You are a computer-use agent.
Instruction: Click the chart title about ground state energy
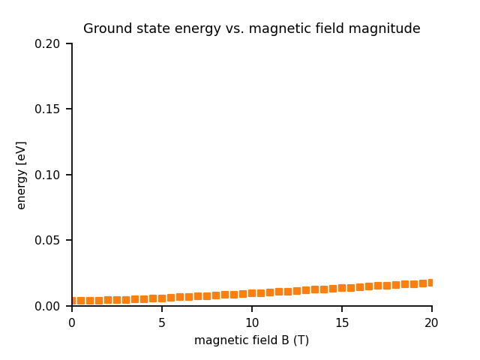[251, 29]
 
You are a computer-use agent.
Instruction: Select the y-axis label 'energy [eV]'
[22, 175]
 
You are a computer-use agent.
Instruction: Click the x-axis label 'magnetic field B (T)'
[251, 340]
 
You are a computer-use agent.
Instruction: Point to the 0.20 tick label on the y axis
[47, 44]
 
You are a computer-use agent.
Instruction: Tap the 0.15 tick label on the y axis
[47, 109]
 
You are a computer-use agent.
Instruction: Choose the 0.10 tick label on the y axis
[47, 175]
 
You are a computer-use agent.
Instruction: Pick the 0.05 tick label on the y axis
[47, 241]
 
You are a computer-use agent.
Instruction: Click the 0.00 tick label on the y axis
[47, 306]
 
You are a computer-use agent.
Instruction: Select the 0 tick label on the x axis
[72, 323]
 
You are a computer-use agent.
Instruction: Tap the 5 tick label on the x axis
[162, 323]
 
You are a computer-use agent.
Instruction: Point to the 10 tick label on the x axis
[252, 323]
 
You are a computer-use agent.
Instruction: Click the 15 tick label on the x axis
[342, 323]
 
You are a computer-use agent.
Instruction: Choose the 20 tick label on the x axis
[432, 323]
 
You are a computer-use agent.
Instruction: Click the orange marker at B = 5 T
[162, 298]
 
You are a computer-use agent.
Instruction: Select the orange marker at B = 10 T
[252, 293]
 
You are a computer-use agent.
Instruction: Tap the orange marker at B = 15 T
[342, 288]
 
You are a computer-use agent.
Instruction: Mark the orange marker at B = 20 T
[431, 283]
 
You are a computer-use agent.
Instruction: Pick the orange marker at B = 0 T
[73, 301]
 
